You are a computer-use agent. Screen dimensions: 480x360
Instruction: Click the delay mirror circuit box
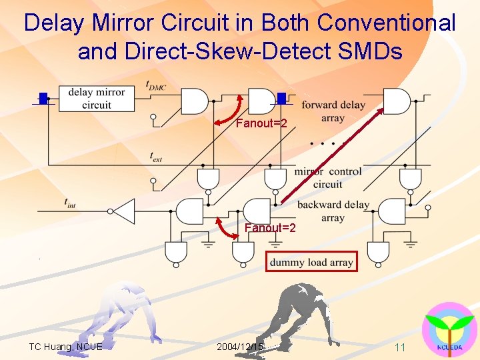pyautogui.click(x=96, y=98)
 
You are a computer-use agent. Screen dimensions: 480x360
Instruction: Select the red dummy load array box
pyautogui.click(x=311, y=262)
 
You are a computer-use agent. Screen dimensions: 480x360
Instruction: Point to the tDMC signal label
pyautogui.click(x=155, y=85)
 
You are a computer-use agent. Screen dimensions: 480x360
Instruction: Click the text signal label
pyautogui.click(x=157, y=157)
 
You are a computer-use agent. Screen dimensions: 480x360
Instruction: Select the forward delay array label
pyautogui.click(x=333, y=111)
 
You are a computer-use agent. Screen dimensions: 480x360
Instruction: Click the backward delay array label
pyautogui.click(x=333, y=211)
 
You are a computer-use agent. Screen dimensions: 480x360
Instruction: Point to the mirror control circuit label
pyautogui.click(x=328, y=177)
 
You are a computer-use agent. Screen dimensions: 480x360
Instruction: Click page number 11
pyautogui.click(x=400, y=347)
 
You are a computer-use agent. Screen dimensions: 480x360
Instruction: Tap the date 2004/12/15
pyautogui.click(x=240, y=347)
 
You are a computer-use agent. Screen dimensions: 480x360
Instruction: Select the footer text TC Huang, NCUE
pyautogui.click(x=65, y=347)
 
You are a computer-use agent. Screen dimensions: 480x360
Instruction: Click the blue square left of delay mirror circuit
pyautogui.click(x=44, y=99)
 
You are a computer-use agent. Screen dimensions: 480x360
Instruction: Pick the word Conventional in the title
pyautogui.click(x=387, y=23)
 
